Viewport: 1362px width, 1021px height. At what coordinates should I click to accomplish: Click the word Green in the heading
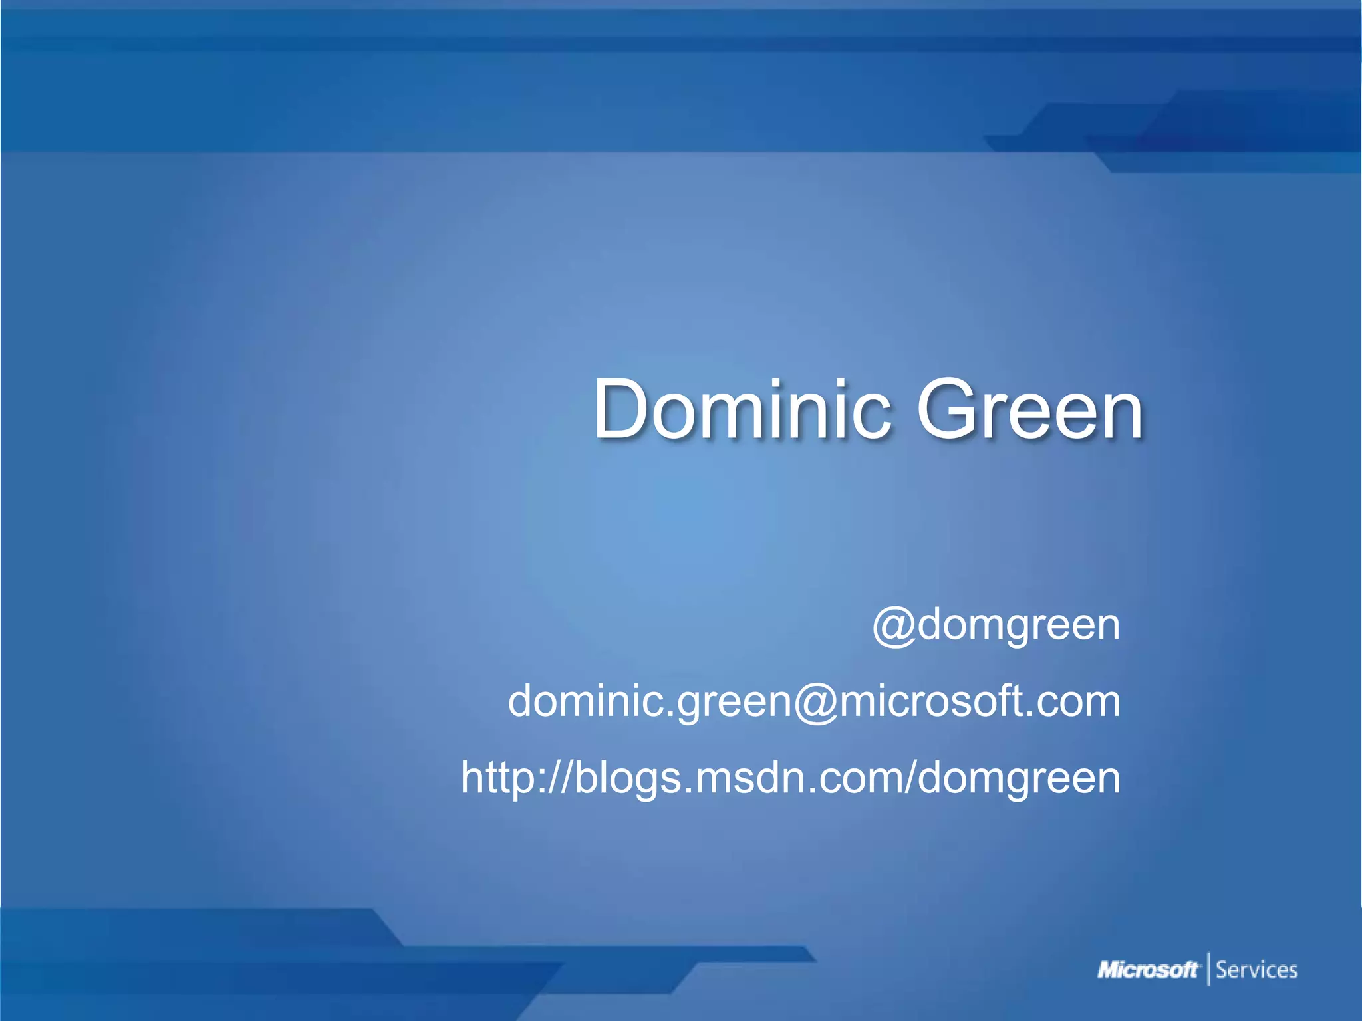(1029, 409)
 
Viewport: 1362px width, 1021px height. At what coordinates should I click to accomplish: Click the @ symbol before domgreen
(894, 626)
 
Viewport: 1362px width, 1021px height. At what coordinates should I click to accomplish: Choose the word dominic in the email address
(586, 701)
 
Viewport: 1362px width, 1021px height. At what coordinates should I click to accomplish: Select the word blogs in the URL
(628, 779)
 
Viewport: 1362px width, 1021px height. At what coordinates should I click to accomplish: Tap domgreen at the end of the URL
(1019, 779)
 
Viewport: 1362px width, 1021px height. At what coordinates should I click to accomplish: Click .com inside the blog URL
(852, 778)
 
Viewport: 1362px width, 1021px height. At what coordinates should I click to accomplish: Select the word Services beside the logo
(1256, 970)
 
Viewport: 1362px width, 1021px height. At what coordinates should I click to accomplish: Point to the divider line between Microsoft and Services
(1208, 969)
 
